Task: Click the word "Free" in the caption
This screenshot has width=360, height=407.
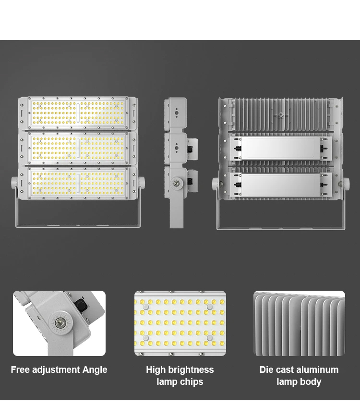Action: [20, 370]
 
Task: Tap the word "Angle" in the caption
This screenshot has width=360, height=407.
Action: [95, 370]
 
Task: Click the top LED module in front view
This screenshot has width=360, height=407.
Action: [78, 113]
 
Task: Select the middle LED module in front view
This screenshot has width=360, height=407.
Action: [78, 148]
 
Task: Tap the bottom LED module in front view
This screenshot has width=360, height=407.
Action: [78, 183]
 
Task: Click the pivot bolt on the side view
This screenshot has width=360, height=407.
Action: [178, 183]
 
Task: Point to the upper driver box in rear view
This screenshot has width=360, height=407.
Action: [281, 148]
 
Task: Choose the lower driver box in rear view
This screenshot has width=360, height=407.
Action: [281, 185]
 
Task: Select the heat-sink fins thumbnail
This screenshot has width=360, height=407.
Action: [300, 323]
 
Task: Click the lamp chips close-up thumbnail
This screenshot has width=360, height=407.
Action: [180, 323]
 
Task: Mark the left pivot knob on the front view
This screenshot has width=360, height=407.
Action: [14, 183]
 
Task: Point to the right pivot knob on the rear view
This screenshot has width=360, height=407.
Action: [347, 183]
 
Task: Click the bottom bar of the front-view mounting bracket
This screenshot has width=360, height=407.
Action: [78, 226]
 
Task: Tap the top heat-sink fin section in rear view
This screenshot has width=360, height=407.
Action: [281, 115]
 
